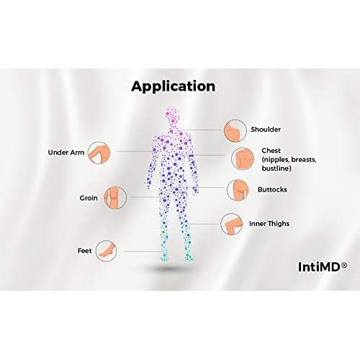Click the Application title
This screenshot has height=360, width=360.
[173, 86]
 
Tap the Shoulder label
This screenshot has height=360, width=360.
[266, 130]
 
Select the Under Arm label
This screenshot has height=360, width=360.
[66, 153]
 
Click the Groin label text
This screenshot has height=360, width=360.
[89, 198]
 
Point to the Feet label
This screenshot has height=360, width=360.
[84, 251]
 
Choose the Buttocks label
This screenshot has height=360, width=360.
[272, 189]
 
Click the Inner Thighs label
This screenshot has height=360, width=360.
[269, 224]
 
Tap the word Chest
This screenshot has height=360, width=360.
[271, 150]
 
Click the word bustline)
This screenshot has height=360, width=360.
[276, 168]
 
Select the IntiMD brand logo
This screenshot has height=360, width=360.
[323, 267]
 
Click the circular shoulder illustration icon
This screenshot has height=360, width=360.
[235, 130]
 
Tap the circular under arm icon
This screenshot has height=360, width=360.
[99, 153]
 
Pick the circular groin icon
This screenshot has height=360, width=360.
[115, 197]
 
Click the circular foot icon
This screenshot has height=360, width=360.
[107, 251]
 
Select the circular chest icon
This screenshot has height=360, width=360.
[243, 158]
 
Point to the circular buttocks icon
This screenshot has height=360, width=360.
[238, 190]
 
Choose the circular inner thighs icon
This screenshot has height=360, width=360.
[232, 224]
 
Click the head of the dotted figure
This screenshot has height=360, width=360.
[173, 115]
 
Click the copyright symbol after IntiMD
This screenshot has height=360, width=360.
[344, 265]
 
